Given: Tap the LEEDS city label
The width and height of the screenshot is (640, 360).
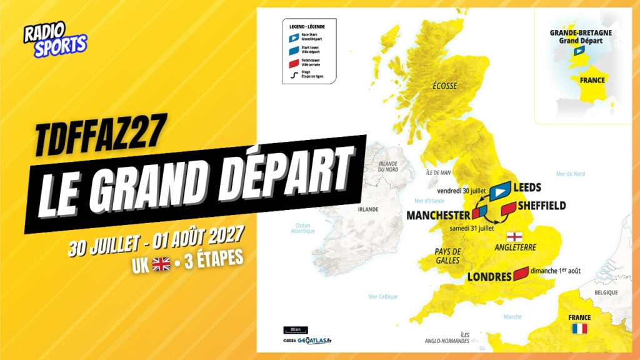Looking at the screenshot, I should pos(526,187).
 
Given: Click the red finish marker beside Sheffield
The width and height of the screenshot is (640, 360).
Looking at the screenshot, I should pos(508,208).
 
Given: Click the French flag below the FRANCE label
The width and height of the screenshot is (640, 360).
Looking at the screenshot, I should pos(579,329).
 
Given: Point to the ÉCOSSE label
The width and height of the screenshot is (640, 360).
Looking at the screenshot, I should pos(445,86).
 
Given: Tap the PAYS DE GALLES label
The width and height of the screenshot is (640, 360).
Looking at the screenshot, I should pos(447,256).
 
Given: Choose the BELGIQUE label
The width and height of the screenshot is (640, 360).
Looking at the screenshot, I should pos(606,292).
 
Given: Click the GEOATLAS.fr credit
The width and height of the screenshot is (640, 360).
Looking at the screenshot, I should pos(314,340).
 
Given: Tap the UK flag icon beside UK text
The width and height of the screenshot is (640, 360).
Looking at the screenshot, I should pos(161,264).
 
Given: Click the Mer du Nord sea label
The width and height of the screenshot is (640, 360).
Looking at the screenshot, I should pos(570,174).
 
